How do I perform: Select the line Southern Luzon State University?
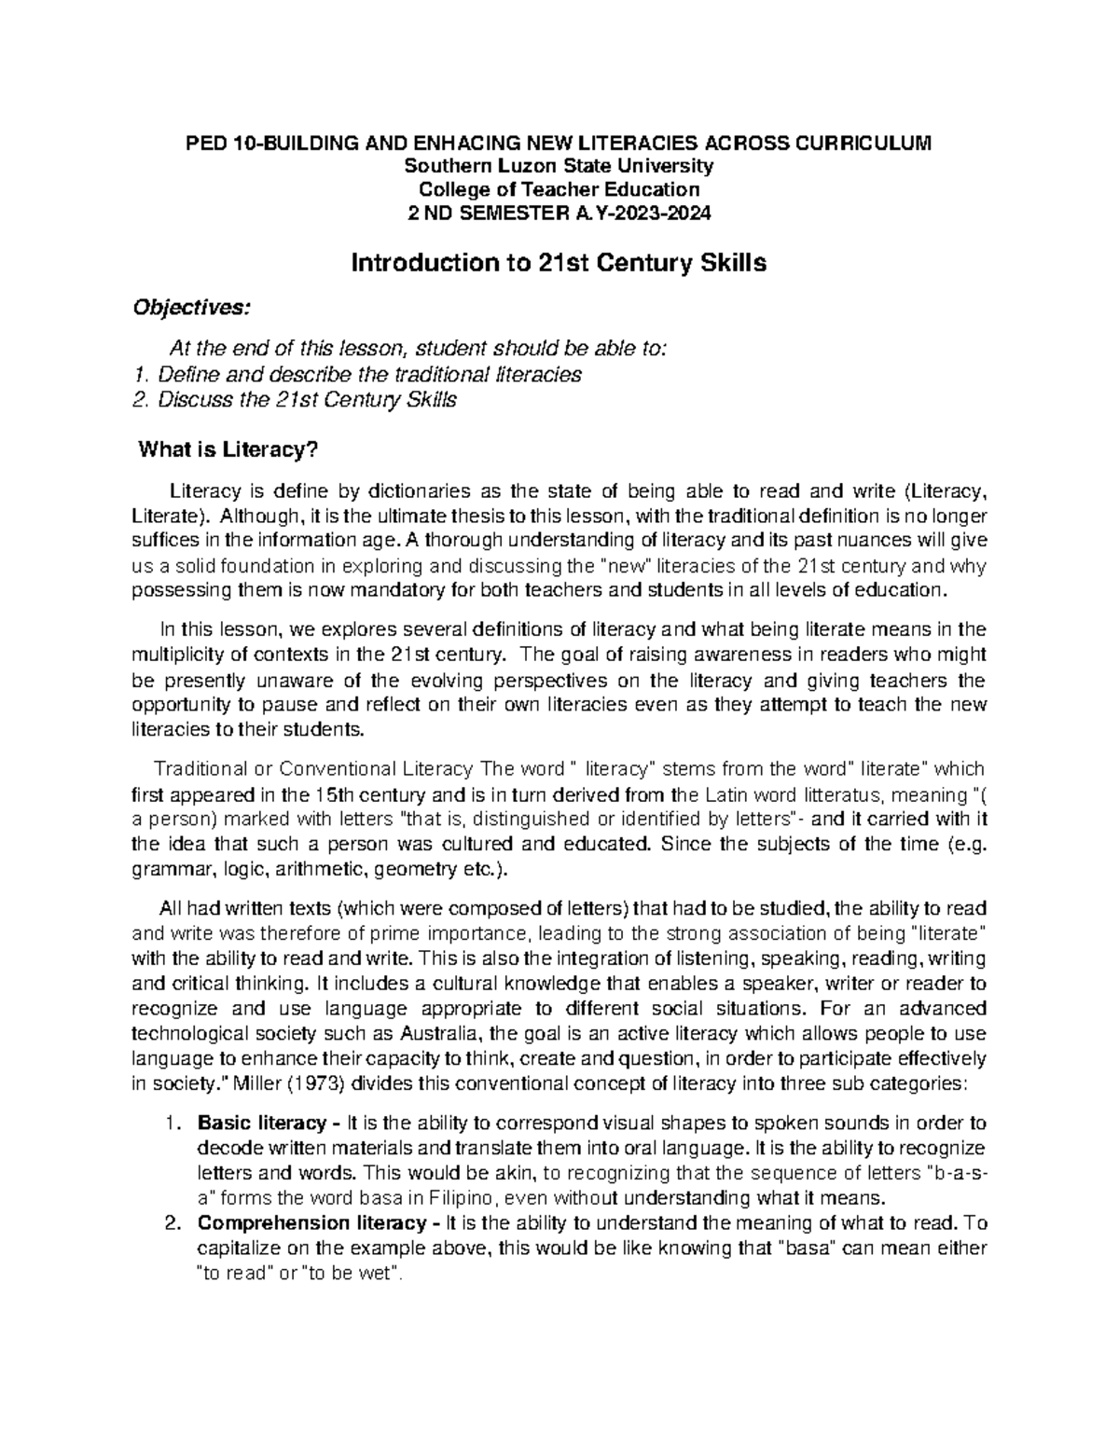[x=558, y=166]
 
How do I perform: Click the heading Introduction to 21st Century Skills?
[x=558, y=264]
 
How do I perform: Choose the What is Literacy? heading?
[x=228, y=451]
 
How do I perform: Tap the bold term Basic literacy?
[x=262, y=1123]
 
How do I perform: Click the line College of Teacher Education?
[x=558, y=189]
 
